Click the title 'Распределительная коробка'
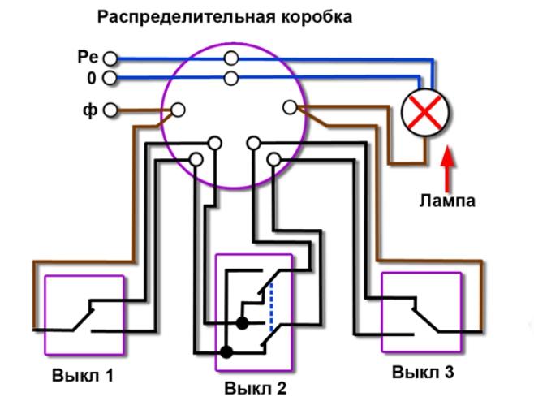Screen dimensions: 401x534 (x=225, y=16)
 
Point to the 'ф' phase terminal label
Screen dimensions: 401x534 (x=90, y=110)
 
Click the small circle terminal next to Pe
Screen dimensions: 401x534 (x=110, y=59)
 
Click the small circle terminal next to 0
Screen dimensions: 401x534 (x=110, y=79)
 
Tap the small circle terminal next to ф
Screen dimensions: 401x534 (x=111, y=110)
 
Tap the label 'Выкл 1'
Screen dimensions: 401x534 (x=83, y=376)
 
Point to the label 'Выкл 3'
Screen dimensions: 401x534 (x=421, y=373)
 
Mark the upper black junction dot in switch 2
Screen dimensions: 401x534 (x=242, y=323)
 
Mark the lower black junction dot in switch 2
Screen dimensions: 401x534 (x=226, y=352)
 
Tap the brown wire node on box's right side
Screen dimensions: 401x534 (x=290, y=107)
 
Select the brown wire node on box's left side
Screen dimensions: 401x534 (x=178, y=109)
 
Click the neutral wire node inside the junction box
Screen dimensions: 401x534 (x=232, y=78)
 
